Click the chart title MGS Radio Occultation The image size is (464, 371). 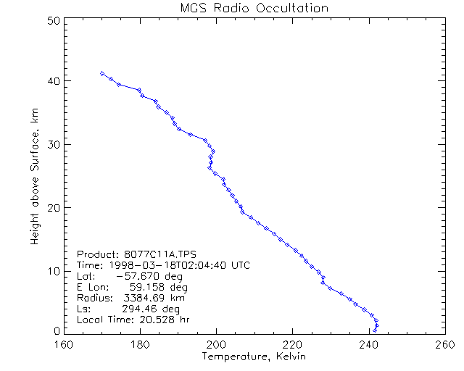[254, 8]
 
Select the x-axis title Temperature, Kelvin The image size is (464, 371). [254, 357]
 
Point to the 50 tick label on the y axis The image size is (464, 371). [52, 20]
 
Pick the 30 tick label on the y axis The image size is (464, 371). [52, 144]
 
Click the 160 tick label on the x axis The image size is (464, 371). [65, 345]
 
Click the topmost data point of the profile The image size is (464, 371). [102, 73]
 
